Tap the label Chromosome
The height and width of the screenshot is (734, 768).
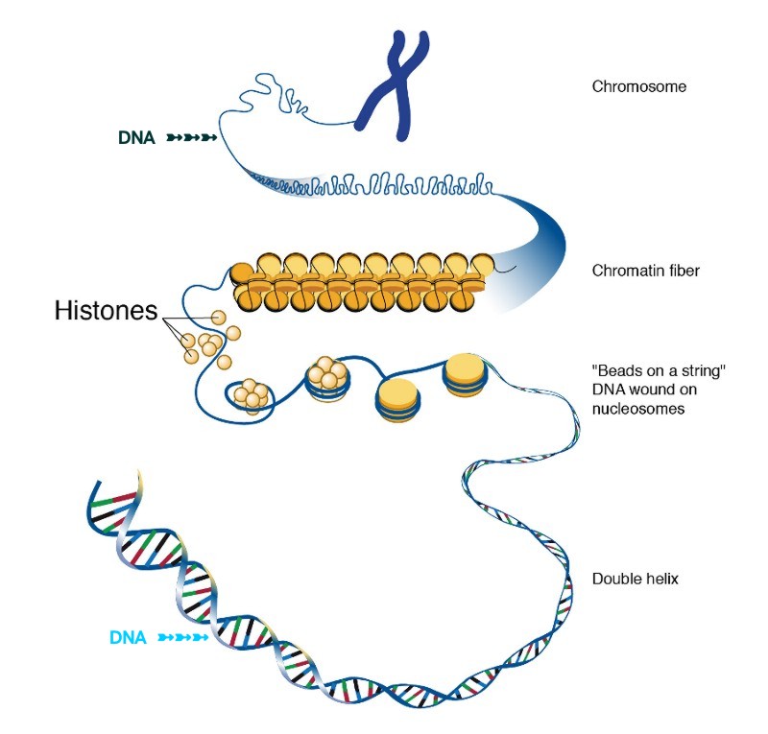(638, 86)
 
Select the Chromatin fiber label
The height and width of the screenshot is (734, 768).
(645, 271)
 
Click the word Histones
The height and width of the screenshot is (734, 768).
(106, 311)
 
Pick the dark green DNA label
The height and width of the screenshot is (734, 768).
(136, 138)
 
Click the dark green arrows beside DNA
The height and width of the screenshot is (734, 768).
(191, 138)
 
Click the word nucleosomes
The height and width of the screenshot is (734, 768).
(638, 409)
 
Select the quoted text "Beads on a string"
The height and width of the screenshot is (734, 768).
(658, 372)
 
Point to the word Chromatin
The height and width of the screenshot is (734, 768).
(625, 271)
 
